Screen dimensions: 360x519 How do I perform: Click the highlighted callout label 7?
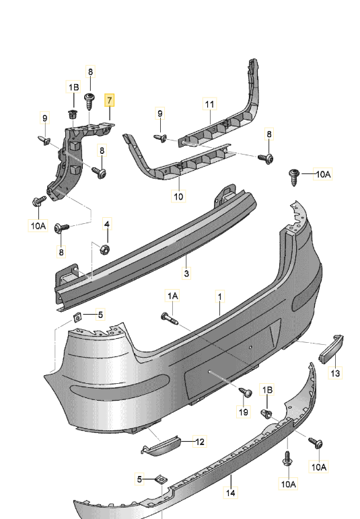coord(109,100)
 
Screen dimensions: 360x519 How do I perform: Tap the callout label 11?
coord(209,104)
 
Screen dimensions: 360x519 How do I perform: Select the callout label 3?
coord(186,274)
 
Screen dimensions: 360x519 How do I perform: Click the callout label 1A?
coord(172,296)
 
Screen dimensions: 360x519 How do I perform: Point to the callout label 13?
coord(336,373)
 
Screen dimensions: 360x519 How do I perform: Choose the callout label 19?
coord(244,412)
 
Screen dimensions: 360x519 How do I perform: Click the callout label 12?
coord(200,442)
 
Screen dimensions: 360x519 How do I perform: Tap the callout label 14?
coord(231,493)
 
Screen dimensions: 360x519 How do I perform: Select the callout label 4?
coord(107,224)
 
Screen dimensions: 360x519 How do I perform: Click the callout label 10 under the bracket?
coord(178,196)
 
